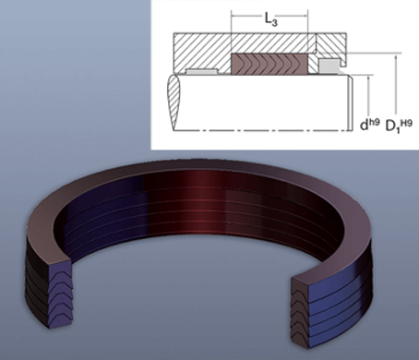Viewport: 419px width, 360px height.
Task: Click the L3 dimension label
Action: coord(271,19)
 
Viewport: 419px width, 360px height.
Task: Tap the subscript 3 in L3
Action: coord(275,22)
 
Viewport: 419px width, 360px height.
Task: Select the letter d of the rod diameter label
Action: coord(364,125)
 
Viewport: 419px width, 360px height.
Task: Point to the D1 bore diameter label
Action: coord(392,126)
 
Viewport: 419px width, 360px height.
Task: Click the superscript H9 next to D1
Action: coord(406,123)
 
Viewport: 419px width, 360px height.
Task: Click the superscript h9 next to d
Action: coord(374,122)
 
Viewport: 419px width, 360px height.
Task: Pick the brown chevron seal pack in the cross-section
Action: coord(269,64)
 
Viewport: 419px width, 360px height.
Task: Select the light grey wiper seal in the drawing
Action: coord(329,66)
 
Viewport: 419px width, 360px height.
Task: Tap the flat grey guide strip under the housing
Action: coord(201,71)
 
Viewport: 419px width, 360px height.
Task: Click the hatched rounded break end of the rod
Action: coord(174,102)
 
